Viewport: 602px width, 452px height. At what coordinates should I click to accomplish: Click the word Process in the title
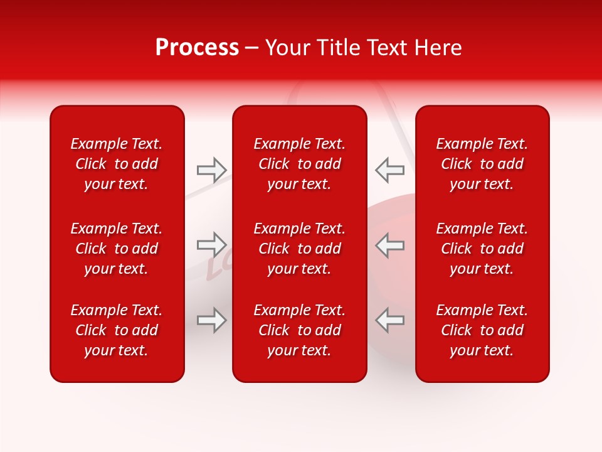click(x=197, y=48)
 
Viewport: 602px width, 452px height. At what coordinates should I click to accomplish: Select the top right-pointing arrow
click(x=211, y=170)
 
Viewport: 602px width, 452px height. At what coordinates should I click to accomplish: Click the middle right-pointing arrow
click(x=211, y=244)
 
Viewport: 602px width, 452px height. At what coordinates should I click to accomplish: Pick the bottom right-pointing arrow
click(x=211, y=320)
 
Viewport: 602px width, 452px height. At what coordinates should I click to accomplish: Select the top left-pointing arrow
click(x=390, y=170)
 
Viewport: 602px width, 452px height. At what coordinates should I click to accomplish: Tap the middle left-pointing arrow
click(x=390, y=244)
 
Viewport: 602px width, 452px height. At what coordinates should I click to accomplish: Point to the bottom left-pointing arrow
click(x=390, y=320)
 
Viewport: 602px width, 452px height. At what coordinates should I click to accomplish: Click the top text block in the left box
click(x=117, y=164)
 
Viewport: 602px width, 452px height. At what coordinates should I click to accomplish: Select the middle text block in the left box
click(x=117, y=249)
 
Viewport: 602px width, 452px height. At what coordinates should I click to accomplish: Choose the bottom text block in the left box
click(x=117, y=330)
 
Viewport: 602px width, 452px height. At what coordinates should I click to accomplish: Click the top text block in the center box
click(x=299, y=164)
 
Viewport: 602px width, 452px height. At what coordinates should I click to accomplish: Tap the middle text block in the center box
click(x=299, y=249)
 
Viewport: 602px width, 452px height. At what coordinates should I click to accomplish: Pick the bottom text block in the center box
click(x=299, y=330)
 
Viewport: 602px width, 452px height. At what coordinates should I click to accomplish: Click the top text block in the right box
click(x=482, y=164)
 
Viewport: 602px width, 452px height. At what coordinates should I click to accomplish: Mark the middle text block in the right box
click(x=482, y=249)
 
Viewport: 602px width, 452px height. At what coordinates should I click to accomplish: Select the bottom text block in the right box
click(x=482, y=330)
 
